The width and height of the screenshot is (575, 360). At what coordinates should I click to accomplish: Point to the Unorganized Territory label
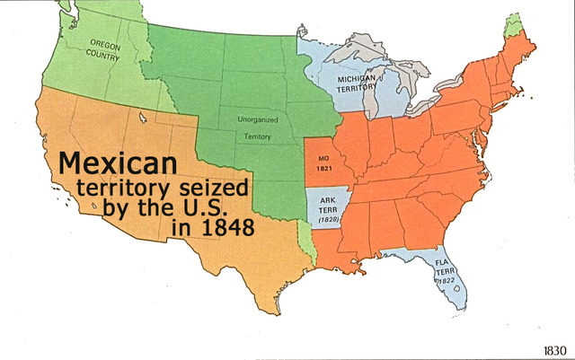(x=259, y=127)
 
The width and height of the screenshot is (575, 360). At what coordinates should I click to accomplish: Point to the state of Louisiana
(x=340, y=257)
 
